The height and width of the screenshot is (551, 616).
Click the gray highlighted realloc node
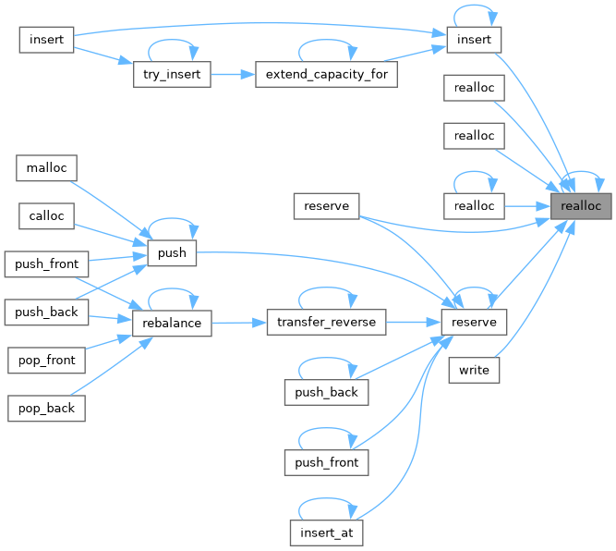tap(581, 205)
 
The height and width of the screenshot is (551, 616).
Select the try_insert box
tap(171, 75)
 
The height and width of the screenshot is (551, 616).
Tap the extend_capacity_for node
tap(326, 75)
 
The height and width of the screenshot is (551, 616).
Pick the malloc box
tap(46, 167)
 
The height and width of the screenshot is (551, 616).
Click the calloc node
tap(46, 215)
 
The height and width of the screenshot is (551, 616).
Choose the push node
tap(172, 251)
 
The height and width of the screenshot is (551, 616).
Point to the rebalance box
tap(173, 323)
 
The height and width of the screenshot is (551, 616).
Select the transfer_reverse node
tap(325, 323)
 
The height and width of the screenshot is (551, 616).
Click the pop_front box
tap(46, 359)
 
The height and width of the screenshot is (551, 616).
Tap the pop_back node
tap(46, 408)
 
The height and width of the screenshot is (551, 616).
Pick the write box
tap(475, 370)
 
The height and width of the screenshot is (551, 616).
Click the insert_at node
tap(326, 533)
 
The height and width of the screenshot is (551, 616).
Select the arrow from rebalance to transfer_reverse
tap(239, 323)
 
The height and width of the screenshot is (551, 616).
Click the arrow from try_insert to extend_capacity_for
tap(234, 75)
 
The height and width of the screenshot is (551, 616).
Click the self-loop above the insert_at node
tap(326, 507)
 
